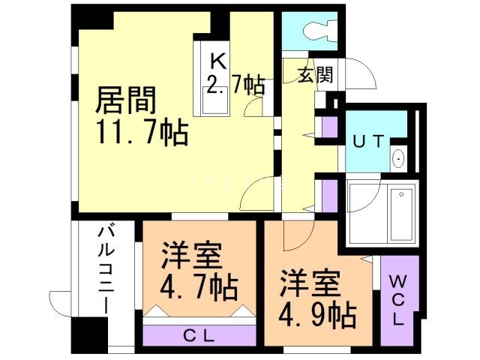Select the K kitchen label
click(x=217, y=59)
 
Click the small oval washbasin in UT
click(x=397, y=159)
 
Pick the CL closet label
click(x=199, y=334)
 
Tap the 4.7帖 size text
click(x=199, y=288)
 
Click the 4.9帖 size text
click(x=317, y=313)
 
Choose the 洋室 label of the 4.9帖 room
click(x=310, y=283)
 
